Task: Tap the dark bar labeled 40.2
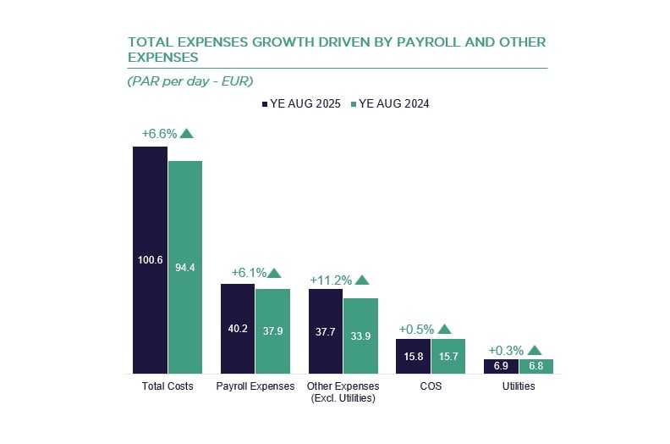pyautogui.click(x=238, y=328)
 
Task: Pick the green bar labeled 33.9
pyautogui.click(x=360, y=336)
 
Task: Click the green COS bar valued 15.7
pyautogui.click(x=448, y=356)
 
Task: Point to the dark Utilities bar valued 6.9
pyautogui.click(x=501, y=366)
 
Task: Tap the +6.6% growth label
pyautogui.click(x=158, y=133)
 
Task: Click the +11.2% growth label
pyautogui.click(x=331, y=280)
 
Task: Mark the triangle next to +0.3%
pyautogui.click(x=535, y=349)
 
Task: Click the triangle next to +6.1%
pyautogui.click(x=273, y=273)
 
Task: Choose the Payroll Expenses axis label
pyautogui.click(x=255, y=386)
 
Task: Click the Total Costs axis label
pyautogui.click(x=167, y=386)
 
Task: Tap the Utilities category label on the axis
pyautogui.click(x=518, y=386)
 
